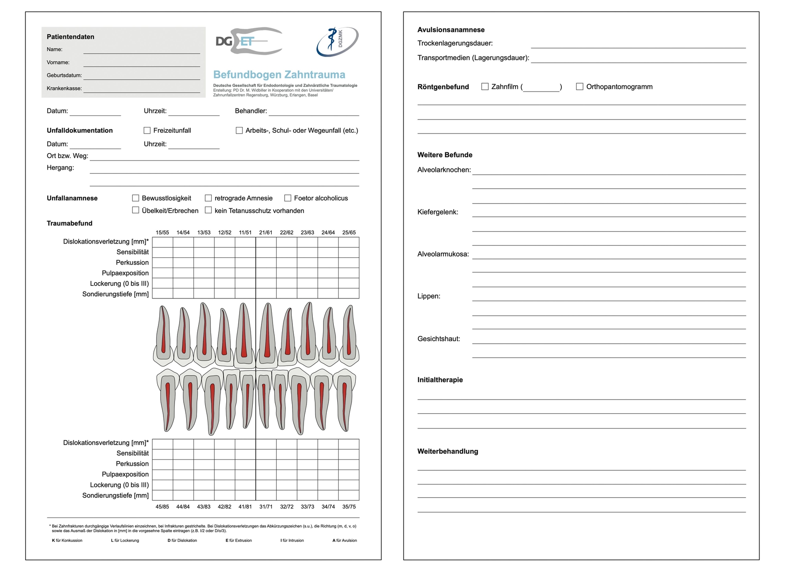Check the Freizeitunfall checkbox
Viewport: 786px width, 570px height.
pyautogui.click(x=147, y=130)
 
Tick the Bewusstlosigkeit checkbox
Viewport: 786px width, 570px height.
pyautogui.click(x=135, y=198)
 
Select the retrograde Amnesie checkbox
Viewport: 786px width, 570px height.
pyautogui.click(x=208, y=198)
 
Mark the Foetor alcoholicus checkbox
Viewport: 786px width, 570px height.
pyautogui.click(x=288, y=198)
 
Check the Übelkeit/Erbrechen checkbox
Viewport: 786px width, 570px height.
pyautogui.click(x=135, y=210)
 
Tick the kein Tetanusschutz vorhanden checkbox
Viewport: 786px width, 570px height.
pyautogui.click(x=208, y=210)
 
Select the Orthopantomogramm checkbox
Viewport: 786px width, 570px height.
pyautogui.click(x=580, y=86)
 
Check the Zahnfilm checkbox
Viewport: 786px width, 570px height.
pyautogui.click(x=485, y=86)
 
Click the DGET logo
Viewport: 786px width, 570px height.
pyautogui.click(x=249, y=41)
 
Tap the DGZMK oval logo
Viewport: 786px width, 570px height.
pyautogui.click(x=337, y=41)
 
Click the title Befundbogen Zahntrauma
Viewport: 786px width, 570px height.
pyautogui.click(x=279, y=75)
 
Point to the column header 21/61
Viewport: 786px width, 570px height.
pyautogui.click(x=266, y=232)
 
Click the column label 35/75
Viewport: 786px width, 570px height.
pyautogui.click(x=349, y=506)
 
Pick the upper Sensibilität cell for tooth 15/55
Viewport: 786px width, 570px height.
pyautogui.click(x=163, y=252)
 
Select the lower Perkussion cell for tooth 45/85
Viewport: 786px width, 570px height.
pyautogui.click(x=163, y=464)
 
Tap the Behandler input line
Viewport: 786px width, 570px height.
pyautogui.click(x=314, y=112)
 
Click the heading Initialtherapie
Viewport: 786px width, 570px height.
pyautogui.click(x=440, y=380)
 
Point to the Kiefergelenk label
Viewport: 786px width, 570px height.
pyautogui.click(x=438, y=212)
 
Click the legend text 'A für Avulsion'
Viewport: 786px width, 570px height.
pyautogui.click(x=345, y=540)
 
